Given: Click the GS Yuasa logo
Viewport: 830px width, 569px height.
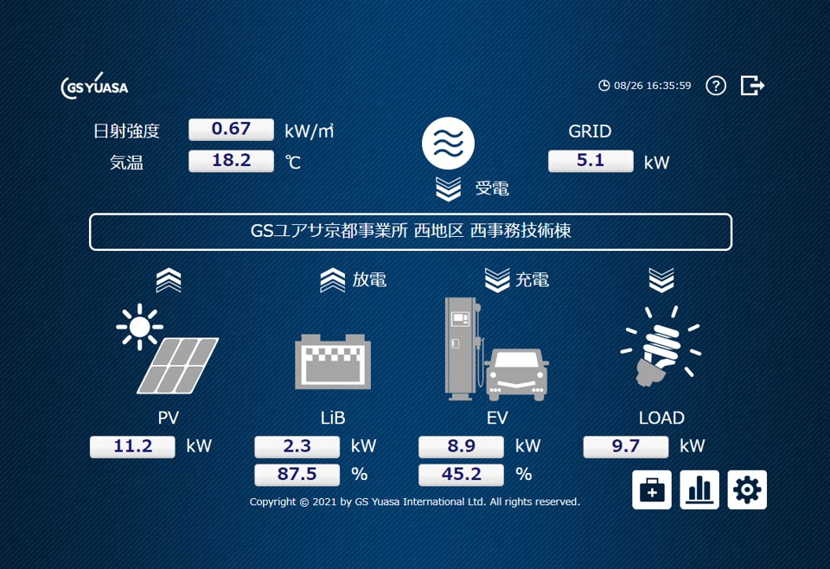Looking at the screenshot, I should [x=94, y=86].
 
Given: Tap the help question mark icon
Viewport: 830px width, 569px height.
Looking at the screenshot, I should [x=716, y=86].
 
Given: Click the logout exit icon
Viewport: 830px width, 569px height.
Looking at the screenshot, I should [x=752, y=86].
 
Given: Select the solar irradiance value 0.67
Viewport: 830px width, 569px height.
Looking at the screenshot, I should [x=231, y=130].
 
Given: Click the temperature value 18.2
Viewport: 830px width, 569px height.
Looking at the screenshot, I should [x=231, y=161].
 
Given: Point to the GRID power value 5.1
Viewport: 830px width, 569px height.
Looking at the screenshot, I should [x=591, y=161].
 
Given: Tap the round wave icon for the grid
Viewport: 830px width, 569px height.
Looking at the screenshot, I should [x=449, y=143].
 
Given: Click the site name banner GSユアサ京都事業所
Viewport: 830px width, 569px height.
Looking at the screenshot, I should [x=411, y=232].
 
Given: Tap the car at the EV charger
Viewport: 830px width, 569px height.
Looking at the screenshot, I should [x=517, y=374].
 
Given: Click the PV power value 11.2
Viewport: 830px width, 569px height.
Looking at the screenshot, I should [x=133, y=446].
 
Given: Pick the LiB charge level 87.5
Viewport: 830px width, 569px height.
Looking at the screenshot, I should [x=297, y=475].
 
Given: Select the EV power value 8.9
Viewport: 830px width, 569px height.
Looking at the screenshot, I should [x=461, y=446].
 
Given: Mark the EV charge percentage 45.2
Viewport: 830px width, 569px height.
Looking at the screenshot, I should [x=461, y=475].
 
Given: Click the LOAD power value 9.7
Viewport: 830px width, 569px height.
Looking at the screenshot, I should [x=625, y=446].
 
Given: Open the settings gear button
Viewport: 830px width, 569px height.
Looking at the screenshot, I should [x=747, y=490].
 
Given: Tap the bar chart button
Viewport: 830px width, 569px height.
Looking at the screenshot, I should [x=699, y=490].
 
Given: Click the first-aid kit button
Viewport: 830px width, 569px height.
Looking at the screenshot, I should [x=652, y=490].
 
